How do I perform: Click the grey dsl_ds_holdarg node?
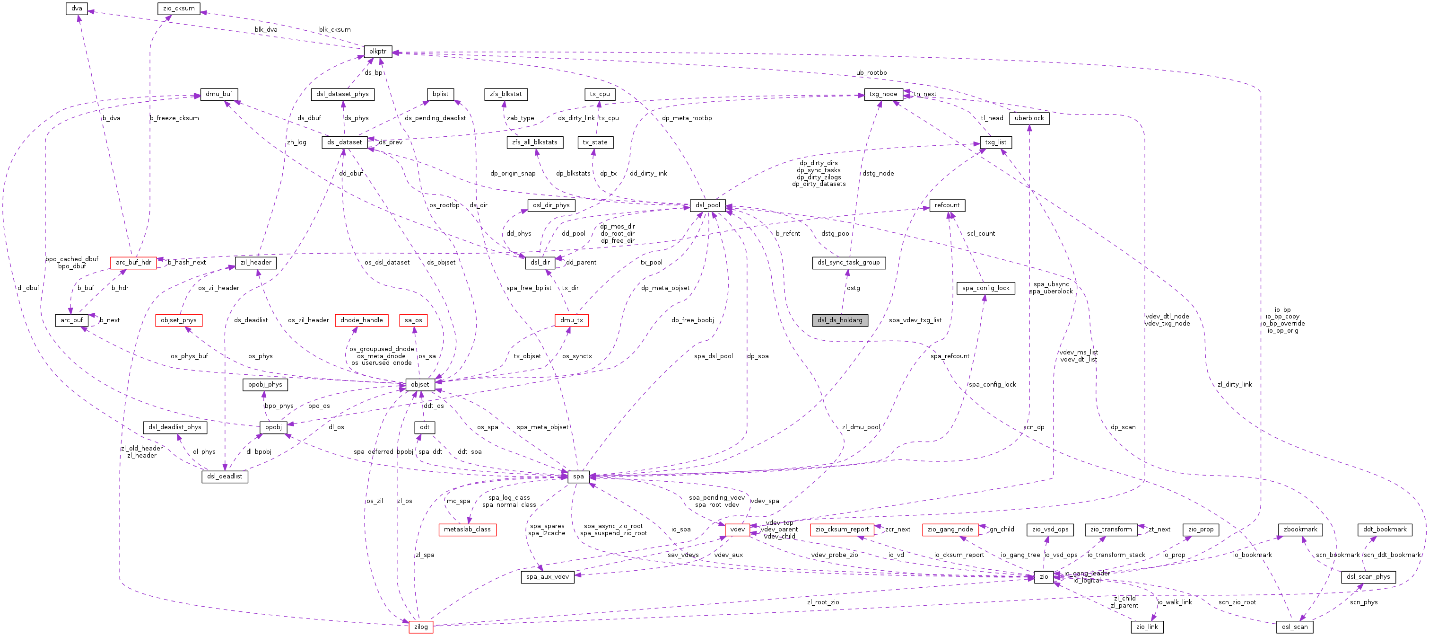coord(840,320)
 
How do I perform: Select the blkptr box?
coord(378,52)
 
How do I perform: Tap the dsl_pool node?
coord(707,205)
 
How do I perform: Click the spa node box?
coord(578,476)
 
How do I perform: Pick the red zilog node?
coord(421,627)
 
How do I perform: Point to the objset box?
coord(419,385)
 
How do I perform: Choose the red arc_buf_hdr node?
coord(133,263)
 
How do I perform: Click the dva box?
coord(77,9)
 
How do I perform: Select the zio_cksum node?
coord(179,9)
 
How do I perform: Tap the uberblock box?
coord(1029,118)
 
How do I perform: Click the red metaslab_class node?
coord(467,530)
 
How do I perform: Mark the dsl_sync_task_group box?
coord(848,263)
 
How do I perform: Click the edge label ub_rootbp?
coord(871,73)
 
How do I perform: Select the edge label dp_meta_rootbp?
coord(686,118)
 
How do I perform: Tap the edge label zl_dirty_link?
coord(1234,385)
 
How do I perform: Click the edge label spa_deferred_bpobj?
coord(383,452)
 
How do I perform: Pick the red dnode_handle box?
coord(361,320)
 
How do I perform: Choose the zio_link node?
coord(1147,627)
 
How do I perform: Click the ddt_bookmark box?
coord(1385,530)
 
